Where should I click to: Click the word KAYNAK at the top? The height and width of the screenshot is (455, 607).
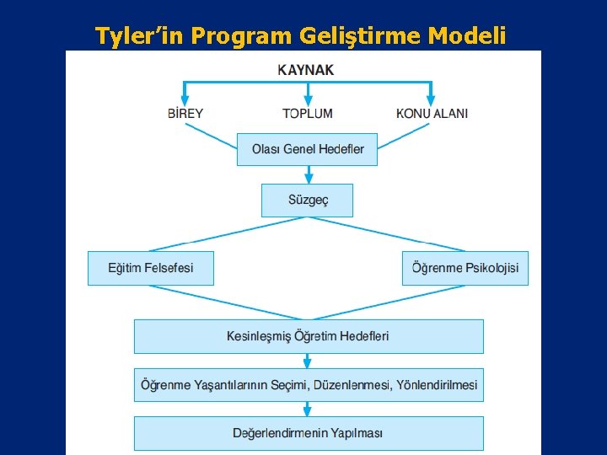[305, 70]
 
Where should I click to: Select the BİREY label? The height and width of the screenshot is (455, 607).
[185, 113]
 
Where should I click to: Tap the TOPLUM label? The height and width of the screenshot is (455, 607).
[307, 113]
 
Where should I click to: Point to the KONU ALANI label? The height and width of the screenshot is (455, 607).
[432, 113]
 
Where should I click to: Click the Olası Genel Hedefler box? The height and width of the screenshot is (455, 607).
[307, 149]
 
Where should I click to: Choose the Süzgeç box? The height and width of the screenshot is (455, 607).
[307, 201]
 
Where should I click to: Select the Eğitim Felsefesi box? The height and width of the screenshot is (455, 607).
[151, 268]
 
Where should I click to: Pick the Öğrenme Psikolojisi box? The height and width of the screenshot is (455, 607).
[465, 268]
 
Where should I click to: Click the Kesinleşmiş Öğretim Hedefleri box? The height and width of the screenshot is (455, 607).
[309, 336]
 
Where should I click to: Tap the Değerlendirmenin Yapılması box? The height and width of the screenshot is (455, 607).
[309, 433]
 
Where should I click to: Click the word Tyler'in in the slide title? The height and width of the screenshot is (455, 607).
[141, 35]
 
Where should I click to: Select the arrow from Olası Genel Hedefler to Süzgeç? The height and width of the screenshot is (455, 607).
[309, 175]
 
